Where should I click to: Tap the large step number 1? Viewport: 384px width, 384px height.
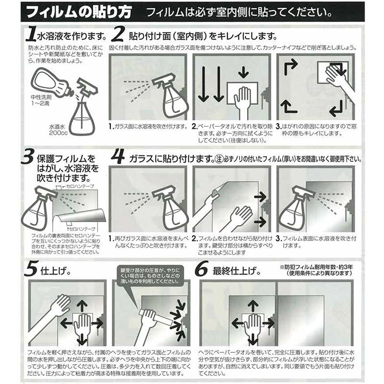(30, 35)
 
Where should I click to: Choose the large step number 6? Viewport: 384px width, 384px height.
(202, 270)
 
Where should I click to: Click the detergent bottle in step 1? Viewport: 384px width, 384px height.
(50, 84)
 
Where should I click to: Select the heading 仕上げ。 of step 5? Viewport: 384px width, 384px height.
(56, 270)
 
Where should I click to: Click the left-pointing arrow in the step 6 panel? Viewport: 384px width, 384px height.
(239, 323)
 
